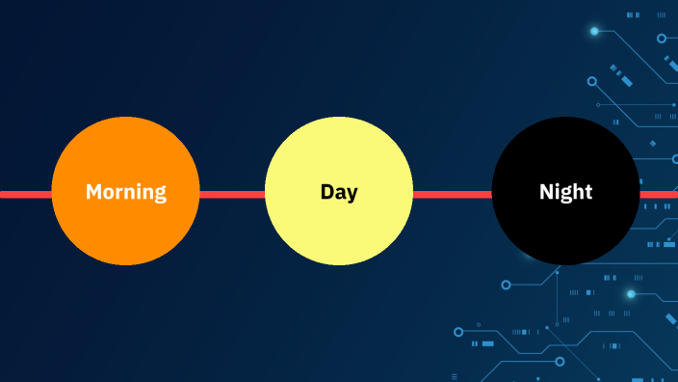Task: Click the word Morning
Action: (x=125, y=192)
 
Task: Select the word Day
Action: (x=339, y=192)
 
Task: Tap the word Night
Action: (x=565, y=192)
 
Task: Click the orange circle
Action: (x=125, y=232)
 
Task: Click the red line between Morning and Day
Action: (x=232, y=194)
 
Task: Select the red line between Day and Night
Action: (x=453, y=194)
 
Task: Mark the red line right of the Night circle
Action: (x=659, y=194)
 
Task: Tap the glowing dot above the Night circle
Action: (x=594, y=31)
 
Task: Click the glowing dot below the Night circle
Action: (x=631, y=293)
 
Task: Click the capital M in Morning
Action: (x=93, y=192)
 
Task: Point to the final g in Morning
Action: (x=160, y=194)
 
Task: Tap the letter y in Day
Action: (x=352, y=194)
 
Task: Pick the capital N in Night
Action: (x=546, y=192)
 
